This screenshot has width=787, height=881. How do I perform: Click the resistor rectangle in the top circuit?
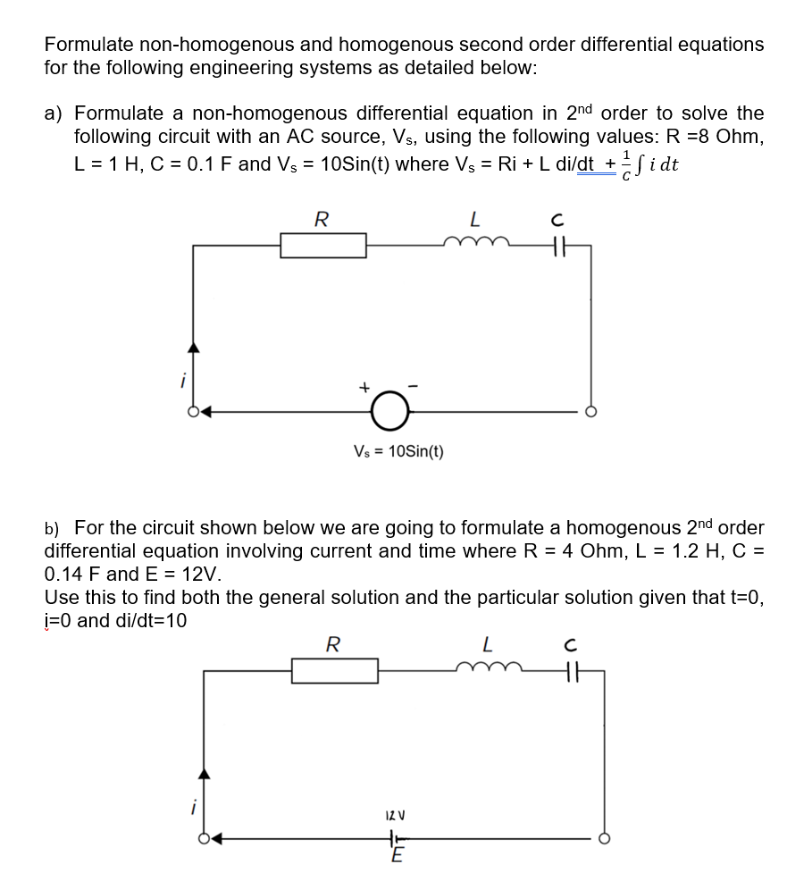point(322,245)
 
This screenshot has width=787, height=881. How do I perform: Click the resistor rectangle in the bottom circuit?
point(334,671)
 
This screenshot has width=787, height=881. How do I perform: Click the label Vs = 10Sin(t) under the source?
point(398,450)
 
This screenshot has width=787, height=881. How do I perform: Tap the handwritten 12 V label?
point(393,816)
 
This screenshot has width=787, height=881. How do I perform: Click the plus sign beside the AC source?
point(364,389)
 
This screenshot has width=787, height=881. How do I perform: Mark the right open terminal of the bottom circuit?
point(603,839)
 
